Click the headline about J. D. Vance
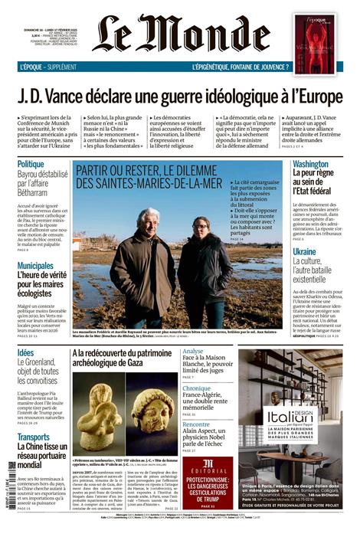179,97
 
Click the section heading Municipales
35,266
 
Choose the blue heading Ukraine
304,251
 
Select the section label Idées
25,353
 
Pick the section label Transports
34,437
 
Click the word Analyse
193,352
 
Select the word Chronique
197,388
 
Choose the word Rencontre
196,424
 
